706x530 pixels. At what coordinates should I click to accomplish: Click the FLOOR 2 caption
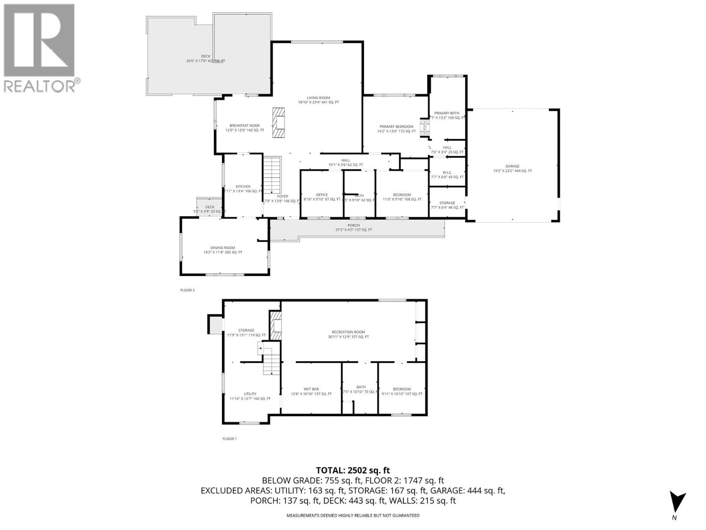click(x=187, y=290)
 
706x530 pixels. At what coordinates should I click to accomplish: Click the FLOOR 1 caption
click(x=229, y=439)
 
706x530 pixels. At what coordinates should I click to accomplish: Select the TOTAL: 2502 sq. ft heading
click(x=353, y=470)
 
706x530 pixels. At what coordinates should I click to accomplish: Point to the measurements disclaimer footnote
click(x=353, y=515)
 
